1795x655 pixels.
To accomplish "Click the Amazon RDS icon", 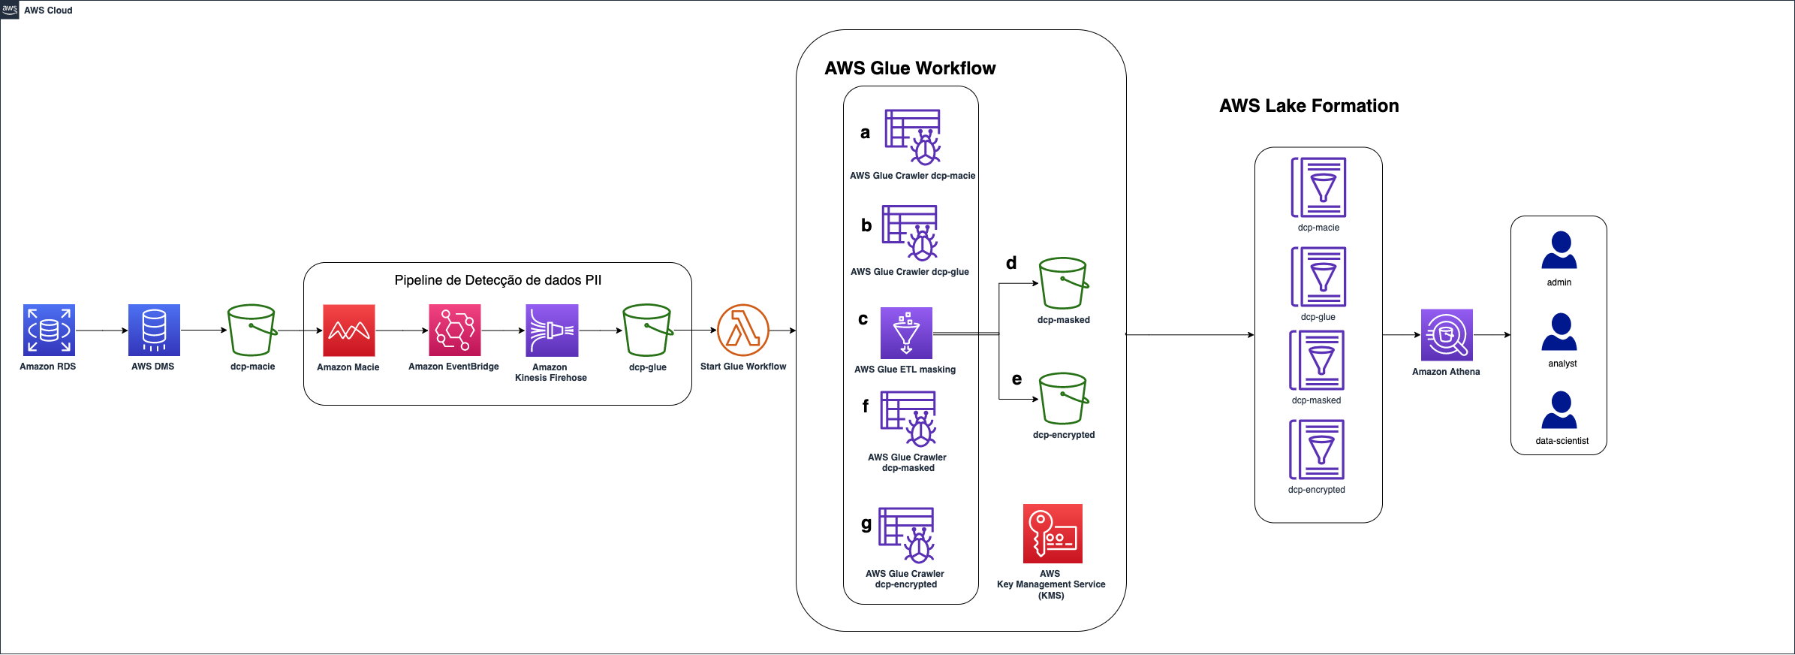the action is point(49,330).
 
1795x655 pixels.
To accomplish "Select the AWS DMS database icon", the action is point(154,330).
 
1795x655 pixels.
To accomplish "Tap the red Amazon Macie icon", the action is point(349,331).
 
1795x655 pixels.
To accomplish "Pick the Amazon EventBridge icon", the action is point(455,331).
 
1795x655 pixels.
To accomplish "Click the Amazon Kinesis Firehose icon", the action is point(552,331).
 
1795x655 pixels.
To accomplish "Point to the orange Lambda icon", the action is point(743,331).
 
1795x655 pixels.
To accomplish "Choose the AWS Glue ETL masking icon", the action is point(906,333).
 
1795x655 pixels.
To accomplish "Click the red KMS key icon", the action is point(1053,533).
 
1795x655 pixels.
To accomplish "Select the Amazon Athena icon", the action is point(1447,335).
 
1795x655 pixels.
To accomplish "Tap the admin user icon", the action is point(1559,250).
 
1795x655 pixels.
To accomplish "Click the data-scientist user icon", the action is point(1559,410).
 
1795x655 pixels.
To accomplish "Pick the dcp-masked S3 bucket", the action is point(1064,283).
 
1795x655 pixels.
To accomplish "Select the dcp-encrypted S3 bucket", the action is point(1064,398).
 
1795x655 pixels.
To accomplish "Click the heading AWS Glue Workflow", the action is point(910,68).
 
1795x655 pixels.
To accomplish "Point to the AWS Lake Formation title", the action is point(1309,106).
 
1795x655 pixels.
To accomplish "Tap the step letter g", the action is point(866,524).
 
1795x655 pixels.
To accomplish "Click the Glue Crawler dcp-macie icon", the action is point(913,137).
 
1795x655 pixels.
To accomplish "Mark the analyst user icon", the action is point(1559,332).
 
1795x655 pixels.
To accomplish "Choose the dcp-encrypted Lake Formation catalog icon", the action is point(1317,449).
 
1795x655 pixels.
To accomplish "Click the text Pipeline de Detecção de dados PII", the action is point(498,280).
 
